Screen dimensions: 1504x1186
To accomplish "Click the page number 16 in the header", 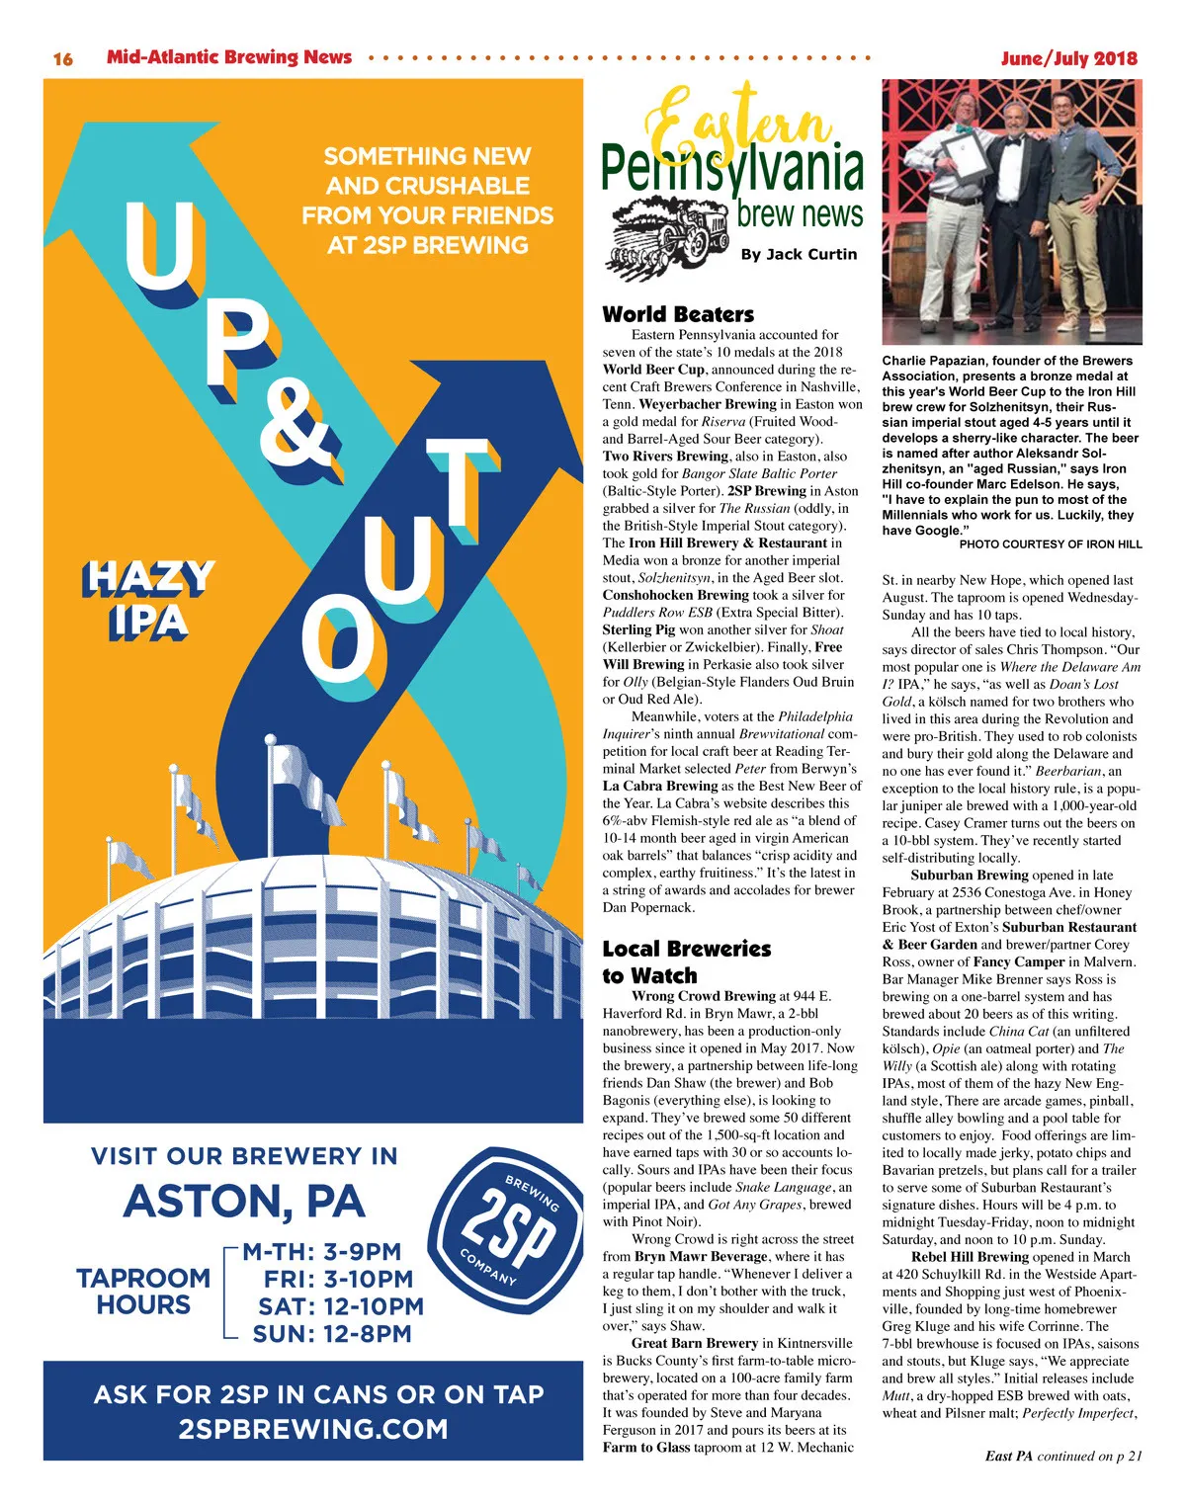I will tap(62, 58).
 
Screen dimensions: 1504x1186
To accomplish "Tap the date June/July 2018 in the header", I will tap(1068, 58).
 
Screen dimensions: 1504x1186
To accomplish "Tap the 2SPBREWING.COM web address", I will tap(313, 1429).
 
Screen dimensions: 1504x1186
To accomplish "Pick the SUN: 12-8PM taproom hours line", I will tap(332, 1334).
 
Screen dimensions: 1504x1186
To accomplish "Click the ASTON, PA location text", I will tap(244, 1202).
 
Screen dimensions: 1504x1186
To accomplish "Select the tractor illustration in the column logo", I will tap(669, 233).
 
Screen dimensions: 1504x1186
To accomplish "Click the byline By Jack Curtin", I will tap(799, 254).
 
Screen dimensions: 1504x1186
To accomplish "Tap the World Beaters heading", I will tap(678, 314).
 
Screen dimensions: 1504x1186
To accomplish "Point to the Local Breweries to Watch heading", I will tap(686, 961).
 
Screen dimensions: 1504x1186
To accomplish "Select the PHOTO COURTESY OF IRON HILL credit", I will tap(1051, 544).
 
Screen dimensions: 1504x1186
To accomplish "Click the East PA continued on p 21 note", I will tap(1063, 1456).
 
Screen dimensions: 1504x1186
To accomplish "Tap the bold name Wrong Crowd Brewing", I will tap(704, 996).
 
